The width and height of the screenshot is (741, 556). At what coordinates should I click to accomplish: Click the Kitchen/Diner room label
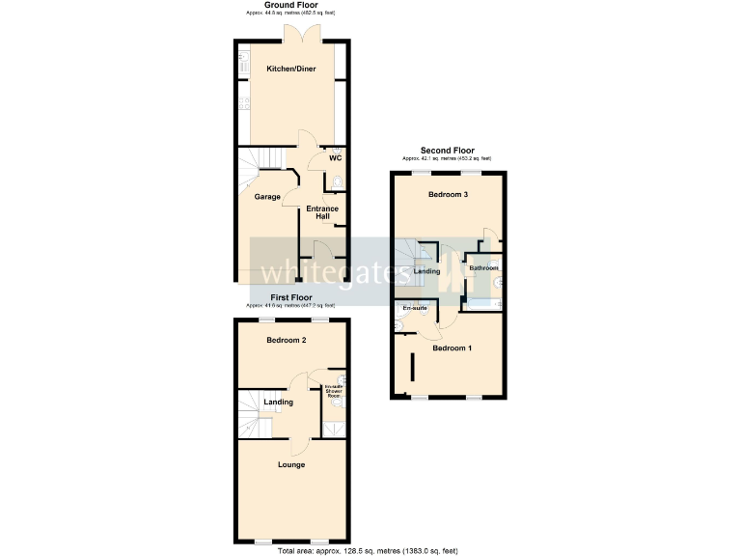[290, 69]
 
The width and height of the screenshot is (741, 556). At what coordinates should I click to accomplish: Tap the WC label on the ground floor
[335, 158]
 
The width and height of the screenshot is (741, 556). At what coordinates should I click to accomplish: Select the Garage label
[267, 197]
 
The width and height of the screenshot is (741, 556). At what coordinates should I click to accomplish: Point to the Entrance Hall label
[322, 213]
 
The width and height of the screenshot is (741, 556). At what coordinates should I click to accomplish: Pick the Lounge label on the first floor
[291, 464]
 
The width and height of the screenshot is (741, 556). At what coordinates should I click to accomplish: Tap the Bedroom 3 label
[448, 195]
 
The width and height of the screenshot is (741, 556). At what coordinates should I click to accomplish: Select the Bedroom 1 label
[452, 347]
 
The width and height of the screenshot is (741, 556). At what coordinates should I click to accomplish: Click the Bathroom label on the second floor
[483, 267]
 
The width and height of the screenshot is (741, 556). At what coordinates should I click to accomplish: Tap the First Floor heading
[290, 297]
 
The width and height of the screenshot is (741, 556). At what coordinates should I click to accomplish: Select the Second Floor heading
[448, 151]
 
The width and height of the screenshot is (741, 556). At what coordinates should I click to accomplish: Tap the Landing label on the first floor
[279, 403]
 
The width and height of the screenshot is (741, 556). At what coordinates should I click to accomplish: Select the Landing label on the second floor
[426, 271]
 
